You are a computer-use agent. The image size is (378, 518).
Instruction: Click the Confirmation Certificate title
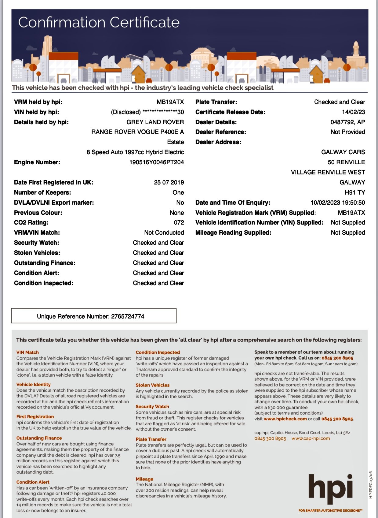pyautogui.click(x=99, y=22)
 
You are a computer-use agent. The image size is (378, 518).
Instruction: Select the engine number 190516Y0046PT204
pyautogui.click(x=156, y=162)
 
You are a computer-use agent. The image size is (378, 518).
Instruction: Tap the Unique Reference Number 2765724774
pyautogui.click(x=91, y=316)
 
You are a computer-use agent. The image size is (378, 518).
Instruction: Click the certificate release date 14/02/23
pyautogui.click(x=353, y=112)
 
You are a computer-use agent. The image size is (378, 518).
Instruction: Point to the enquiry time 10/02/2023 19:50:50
pyautogui.click(x=338, y=203)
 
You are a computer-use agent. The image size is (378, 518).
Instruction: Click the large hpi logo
pyautogui.click(x=331, y=488)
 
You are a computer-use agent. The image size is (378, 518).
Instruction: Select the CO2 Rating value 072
pyautogui.click(x=179, y=222)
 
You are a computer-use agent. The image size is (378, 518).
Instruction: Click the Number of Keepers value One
pyautogui.click(x=178, y=192)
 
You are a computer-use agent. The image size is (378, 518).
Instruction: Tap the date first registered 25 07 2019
pyautogui.click(x=169, y=182)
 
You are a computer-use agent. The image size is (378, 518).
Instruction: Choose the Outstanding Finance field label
pyautogui.click(x=45, y=263)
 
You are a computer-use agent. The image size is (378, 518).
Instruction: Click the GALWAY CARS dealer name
pyautogui.click(x=343, y=152)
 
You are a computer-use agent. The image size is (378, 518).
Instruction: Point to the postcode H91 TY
pyautogui.click(x=355, y=192)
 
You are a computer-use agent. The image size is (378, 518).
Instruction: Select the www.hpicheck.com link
pyautogui.click(x=285, y=419)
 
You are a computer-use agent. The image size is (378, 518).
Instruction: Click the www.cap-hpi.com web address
pyautogui.click(x=311, y=438)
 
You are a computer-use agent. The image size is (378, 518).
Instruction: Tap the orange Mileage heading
pyautogui.click(x=144, y=479)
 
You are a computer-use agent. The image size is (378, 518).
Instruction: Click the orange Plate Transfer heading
pyautogui.click(x=151, y=439)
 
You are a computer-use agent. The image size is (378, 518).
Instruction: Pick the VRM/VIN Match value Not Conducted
pyautogui.click(x=164, y=233)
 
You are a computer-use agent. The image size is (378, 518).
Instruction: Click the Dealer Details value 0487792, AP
pyautogui.click(x=347, y=122)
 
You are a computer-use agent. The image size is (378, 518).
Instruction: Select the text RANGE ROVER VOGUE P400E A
pyautogui.click(x=137, y=132)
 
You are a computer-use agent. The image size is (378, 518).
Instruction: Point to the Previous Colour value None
pyautogui.click(x=177, y=213)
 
